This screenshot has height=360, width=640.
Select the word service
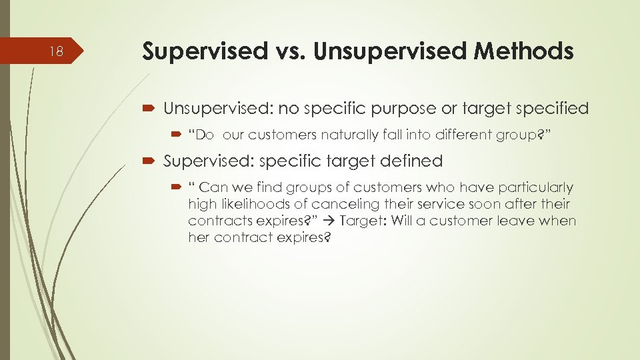click(433, 204)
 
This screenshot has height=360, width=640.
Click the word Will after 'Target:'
click(403, 221)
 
